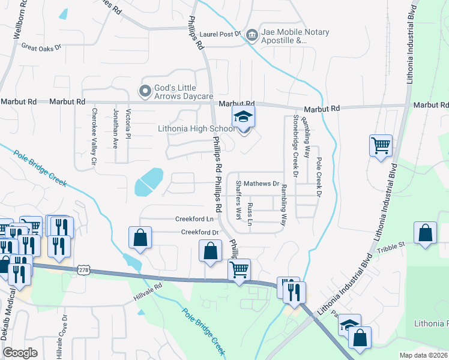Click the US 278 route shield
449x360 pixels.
(83, 271)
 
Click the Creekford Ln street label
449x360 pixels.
(194, 219)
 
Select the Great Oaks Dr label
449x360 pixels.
(41, 46)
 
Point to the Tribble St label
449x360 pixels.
(393, 245)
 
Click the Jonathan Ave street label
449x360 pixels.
(115, 128)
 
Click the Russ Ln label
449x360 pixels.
(250, 214)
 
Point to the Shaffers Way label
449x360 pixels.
(238, 199)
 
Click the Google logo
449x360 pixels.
(20, 353)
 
